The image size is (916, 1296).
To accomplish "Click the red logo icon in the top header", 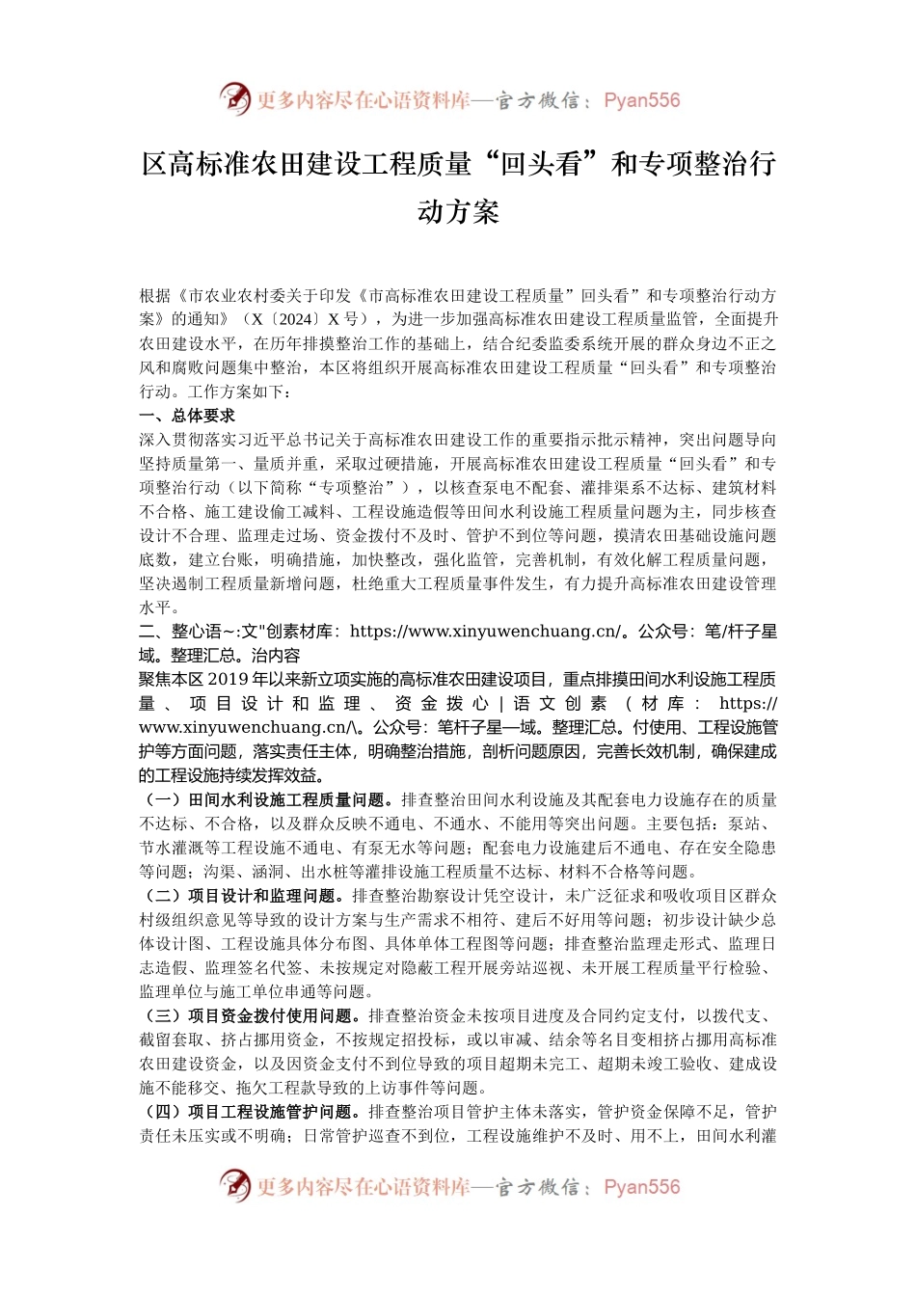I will point(234,98).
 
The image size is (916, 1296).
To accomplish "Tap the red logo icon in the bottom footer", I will point(234,1185).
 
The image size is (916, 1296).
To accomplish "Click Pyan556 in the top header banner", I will point(641,100).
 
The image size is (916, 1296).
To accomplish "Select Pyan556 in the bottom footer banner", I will point(641,1187).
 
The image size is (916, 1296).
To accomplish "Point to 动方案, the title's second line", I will point(458,211).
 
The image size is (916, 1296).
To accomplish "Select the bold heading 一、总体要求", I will point(187,416).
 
